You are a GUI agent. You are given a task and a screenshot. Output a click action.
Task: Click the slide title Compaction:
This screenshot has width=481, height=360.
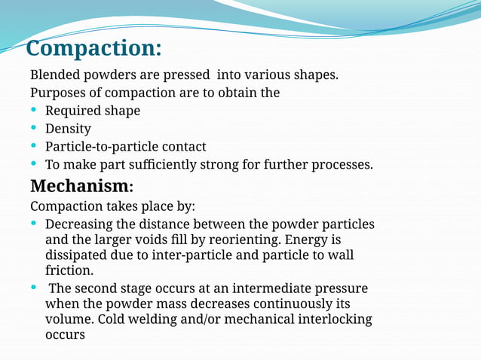93,48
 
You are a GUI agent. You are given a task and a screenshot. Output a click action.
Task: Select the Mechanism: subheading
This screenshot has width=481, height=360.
81,185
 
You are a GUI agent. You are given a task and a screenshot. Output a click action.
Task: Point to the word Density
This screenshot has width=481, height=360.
68,129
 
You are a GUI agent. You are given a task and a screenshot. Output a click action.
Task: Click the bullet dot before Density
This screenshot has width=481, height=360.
34,127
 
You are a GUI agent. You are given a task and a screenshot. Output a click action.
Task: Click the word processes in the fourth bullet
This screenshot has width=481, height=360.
342,164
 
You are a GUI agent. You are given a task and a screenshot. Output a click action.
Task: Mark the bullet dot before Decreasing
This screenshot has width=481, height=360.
34,223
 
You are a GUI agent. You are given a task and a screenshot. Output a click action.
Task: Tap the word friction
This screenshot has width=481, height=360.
69,271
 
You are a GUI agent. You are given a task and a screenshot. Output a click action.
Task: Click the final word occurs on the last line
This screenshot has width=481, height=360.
65,334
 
